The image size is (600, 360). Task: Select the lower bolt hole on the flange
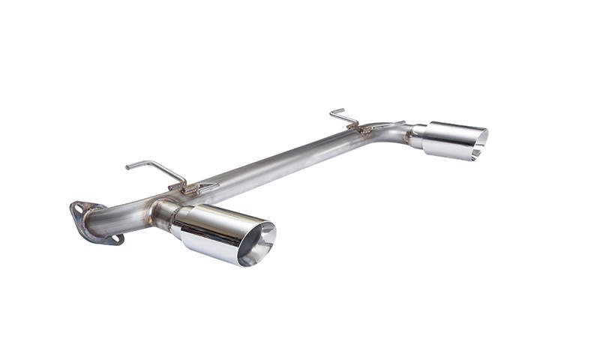point(116,239)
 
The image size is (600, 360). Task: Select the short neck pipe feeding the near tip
point(161,212)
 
